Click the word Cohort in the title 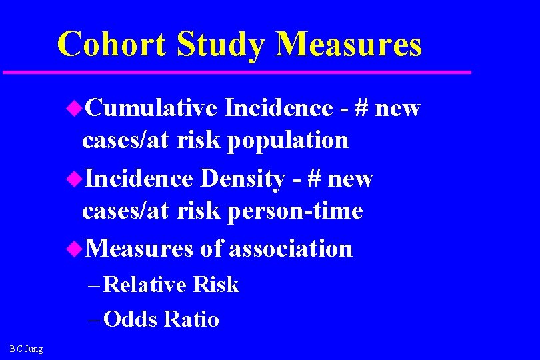tap(111, 45)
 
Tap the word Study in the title tap(221, 45)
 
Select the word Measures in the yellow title tap(349, 45)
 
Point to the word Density tap(242, 179)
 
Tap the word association tap(290, 249)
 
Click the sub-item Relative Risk tap(171, 285)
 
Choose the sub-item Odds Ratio tap(161, 319)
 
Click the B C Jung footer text tap(26, 349)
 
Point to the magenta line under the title tap(237, 71)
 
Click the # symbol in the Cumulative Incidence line tap(363, 107)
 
